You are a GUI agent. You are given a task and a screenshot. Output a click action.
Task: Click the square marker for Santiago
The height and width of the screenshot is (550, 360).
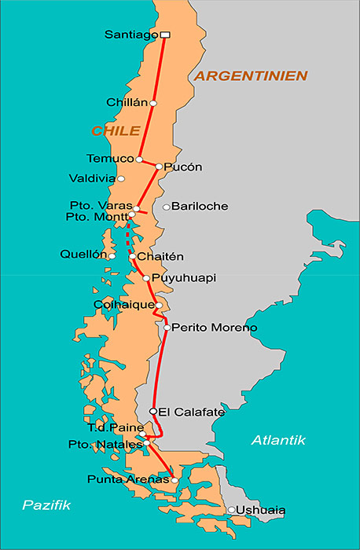pos(164,35)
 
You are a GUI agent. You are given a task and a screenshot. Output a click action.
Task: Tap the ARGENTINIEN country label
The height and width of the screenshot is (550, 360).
pos(250,75)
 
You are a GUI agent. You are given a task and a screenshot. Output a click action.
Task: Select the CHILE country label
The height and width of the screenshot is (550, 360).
pos(116,130)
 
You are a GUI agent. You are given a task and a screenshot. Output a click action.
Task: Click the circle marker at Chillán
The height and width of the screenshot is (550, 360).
pos(153,103)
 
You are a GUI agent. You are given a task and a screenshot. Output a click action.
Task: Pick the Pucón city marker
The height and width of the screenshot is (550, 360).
pos(159,167)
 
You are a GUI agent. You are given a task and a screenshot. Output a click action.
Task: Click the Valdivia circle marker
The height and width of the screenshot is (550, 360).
pos(121,179)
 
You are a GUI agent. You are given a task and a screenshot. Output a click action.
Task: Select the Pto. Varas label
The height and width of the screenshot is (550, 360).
pos(99,206)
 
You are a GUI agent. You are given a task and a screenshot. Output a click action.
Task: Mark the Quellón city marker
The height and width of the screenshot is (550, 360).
pos(112,255)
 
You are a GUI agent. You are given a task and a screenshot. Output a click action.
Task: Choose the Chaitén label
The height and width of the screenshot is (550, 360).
pos(160,257)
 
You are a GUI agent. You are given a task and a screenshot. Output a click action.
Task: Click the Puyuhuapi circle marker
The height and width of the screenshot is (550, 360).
pos(146,278)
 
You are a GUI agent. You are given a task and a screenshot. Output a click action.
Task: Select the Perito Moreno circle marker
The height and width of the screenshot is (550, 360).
pos(167,328)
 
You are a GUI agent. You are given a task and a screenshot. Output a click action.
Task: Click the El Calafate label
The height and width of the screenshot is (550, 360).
pos(191,412)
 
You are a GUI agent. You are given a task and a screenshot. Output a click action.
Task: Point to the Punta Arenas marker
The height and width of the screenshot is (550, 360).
pos(174,479)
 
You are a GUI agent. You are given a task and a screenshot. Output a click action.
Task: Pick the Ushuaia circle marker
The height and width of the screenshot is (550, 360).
pos(231,510)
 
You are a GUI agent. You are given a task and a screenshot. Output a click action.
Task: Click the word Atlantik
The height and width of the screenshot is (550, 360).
pos(277,441)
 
